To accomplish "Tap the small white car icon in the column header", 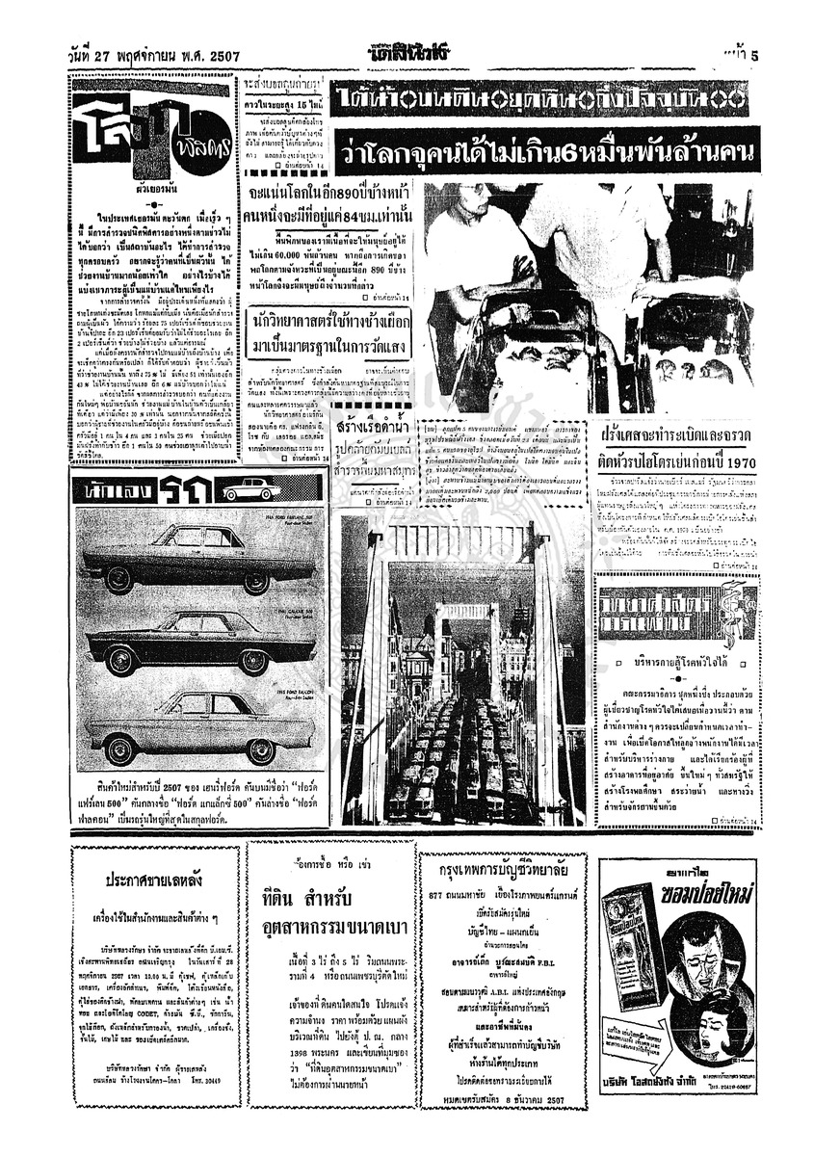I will coord(251,489).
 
